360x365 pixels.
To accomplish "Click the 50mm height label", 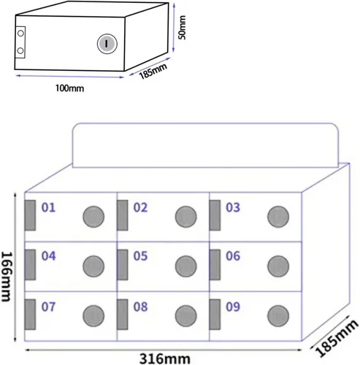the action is coord(182,27).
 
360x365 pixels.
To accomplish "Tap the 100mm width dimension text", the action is coord(70,88).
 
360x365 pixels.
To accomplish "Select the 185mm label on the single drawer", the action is coord(153,71).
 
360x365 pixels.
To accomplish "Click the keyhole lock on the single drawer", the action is coord(107,44).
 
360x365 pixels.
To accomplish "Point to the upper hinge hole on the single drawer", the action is coord(20,33).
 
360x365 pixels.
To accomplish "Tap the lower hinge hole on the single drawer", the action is coord(20,51).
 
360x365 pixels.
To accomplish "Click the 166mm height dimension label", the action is coord(7,277).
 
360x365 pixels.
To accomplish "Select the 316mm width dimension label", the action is coord(165,358).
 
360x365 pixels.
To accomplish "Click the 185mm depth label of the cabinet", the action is coord(337,338).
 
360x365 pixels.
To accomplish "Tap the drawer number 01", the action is coord(48,207).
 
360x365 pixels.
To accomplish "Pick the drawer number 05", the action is coord(140,256).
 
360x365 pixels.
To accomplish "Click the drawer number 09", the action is coord(233,307).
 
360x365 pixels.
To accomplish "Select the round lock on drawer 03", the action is coord(278,217).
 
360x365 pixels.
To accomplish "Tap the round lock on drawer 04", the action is coord(93,266).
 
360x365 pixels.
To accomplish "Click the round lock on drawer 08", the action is coord(186,316).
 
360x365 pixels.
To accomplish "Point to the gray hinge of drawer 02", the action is coord(123,215).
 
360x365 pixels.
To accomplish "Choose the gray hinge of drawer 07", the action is coord(30,315).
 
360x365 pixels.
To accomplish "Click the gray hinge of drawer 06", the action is coord(215,265).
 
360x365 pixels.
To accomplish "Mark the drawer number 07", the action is coord(48,307).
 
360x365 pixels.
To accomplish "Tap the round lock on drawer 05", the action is coord(186,266).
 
